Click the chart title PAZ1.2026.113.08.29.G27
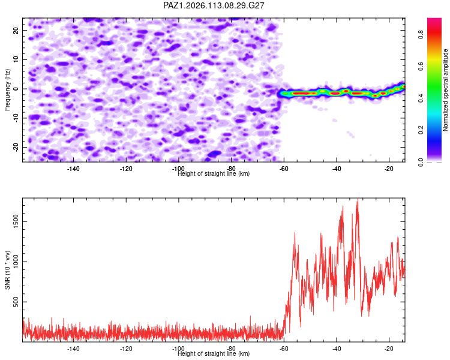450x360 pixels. pyautogui.click(x=214, y=5)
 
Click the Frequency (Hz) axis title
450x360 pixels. pyautogui.click(x=7, y=90)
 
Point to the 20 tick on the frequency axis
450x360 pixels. pyautogui.click(x=16, y=30)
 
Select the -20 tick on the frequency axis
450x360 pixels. pyautogui.click(x=16, y=148)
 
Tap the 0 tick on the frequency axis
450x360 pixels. pyautogui.click(x=16, y=89)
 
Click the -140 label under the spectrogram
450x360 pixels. pyautogui.click(x=73, y=169)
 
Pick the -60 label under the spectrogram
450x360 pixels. pyautogui.click(x=284, y=169)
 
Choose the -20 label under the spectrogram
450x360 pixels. pyautogui.click(x=389, y=169)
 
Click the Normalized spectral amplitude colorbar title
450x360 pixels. pyautogui.click(x=445, y=90)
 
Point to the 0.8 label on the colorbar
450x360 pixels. pyautogui.click(x=421, y=35)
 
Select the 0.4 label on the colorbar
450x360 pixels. pyautogui.click(x=421, y=98)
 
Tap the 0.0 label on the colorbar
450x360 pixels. pyautogui.click(x=421, y=162)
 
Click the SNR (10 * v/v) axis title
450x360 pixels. pyautogui.click(x=7, y=270)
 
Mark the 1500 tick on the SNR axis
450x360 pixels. pyautogui.click(x=16, y=221)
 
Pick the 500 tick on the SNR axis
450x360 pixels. pyautogui.click(x=16, y=302)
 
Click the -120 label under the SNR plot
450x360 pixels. pyautogui.click(x=126, y=349)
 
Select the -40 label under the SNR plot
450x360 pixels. pyautogui.click(x=337, y=349)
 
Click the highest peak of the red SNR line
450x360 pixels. pyautogui.click(x=358, y=199)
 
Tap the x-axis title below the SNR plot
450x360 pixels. pyautogui.click(x=214, y=353)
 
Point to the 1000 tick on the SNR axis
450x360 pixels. pyautogui.click(x=16, y=262)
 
